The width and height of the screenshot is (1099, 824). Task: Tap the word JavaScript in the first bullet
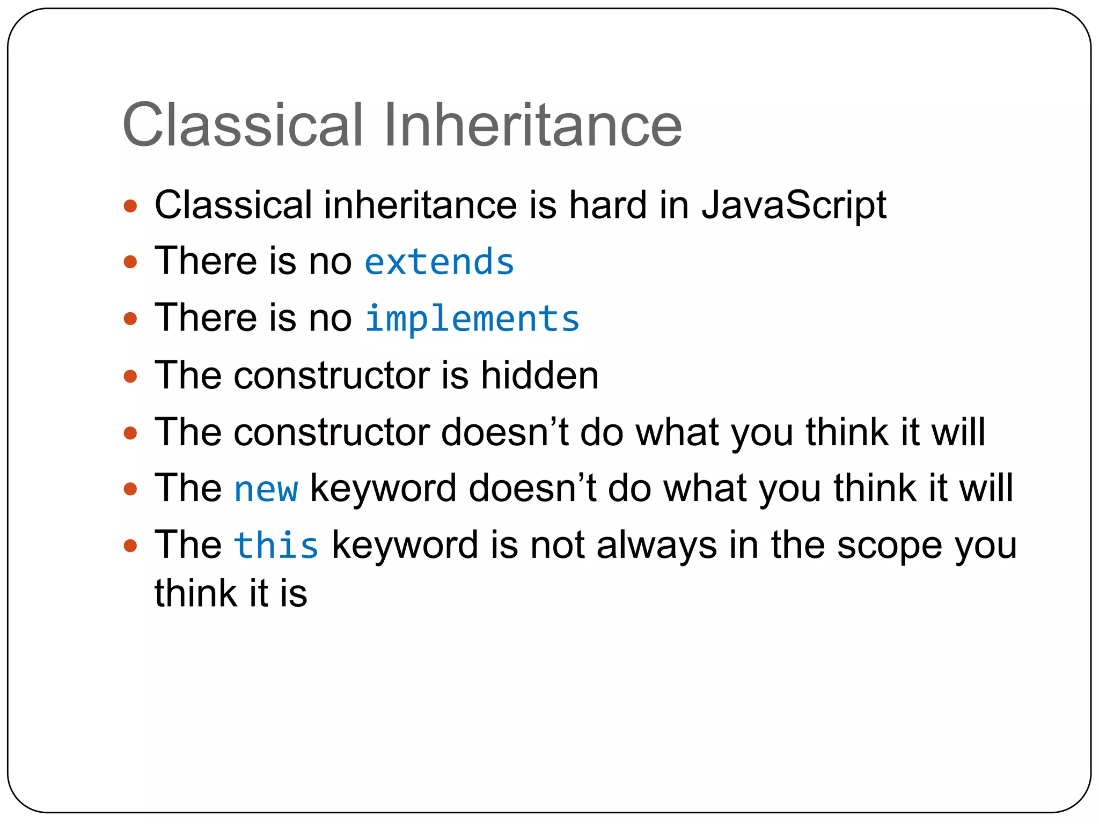pos(794,205)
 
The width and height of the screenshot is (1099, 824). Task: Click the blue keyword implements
pos(472,319)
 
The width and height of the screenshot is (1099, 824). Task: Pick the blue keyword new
pos(266,489)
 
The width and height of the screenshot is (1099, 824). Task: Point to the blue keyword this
pos(276,546)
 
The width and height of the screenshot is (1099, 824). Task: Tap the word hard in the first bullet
pos(608,205)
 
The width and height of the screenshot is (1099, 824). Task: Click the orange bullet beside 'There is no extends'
pos(130,262)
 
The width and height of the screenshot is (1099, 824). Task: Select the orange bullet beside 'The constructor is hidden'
pos(130,376)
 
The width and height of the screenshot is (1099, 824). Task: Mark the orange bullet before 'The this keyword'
pos(130,546)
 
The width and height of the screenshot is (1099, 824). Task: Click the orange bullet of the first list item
pos(130,206)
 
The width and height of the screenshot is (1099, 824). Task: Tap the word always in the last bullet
pos(656,546)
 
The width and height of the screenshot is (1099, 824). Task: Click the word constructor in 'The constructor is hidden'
pos(331,375)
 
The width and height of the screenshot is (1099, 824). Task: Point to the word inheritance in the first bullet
pos(420,205)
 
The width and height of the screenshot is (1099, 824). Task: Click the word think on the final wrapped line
pos(196,593)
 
